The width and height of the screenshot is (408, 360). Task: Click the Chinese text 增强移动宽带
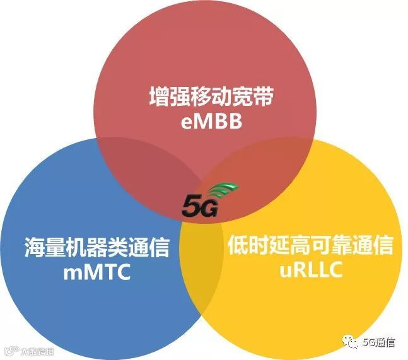click(204, 98)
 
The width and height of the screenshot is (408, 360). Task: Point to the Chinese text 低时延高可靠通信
click(310, 246)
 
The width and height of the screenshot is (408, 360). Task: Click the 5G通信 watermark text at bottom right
click(378, 343)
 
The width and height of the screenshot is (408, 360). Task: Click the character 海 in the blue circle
click(35, 247)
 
